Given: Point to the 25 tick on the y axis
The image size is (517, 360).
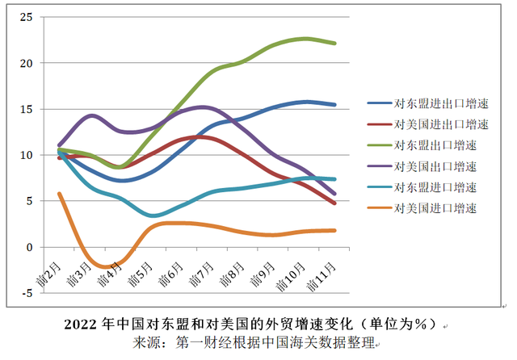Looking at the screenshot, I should click(26, 17).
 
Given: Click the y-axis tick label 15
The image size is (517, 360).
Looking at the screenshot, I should click(26, 109).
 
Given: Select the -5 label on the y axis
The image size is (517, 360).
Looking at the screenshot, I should click(27, 293).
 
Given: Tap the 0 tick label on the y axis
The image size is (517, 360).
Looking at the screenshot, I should click(29, 247).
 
